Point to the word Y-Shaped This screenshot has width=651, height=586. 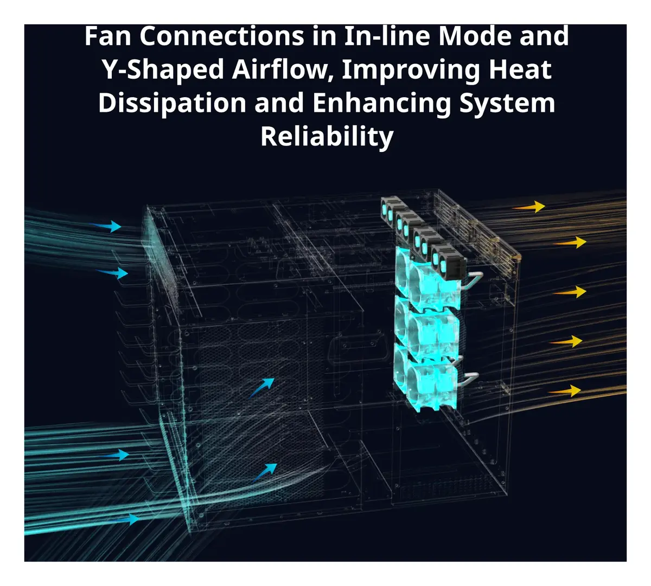(x=163, y=71)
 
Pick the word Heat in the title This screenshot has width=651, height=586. (x=520, y=69)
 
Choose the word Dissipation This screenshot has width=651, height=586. (x=173, y=104)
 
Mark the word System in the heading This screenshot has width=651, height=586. (x=507, y=104)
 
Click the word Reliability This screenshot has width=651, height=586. (x=327, y=137)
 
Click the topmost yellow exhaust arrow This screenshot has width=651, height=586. (x=528, y=207)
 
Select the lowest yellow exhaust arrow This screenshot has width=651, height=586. (x=565, y=391)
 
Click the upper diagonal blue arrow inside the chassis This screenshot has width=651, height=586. (x=261, y=387)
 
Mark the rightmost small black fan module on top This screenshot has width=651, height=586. (x=448, y=259)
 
